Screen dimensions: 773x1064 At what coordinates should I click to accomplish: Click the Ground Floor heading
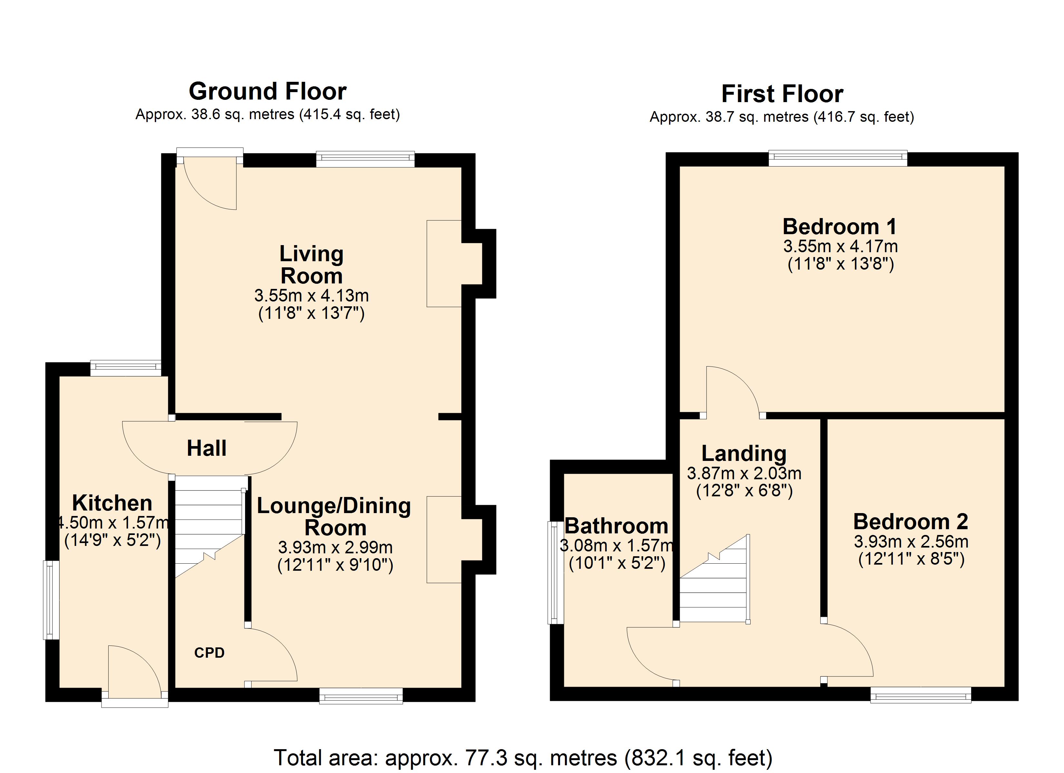(x=267, y=91)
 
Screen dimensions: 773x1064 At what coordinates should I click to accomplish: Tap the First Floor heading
(x=782, y=94)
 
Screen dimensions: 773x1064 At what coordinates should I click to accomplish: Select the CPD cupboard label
(x=209, y=653)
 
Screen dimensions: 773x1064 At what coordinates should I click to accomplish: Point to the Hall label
(x=206, y=448)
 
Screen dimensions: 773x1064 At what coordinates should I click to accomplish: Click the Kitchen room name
(x=112, y=503)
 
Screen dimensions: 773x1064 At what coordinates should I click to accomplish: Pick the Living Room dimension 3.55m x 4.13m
(x=311, y=295)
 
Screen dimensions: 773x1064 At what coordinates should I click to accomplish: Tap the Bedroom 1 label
(x=840, y=226)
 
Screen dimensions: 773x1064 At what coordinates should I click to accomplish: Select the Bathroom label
(x=616, y=526)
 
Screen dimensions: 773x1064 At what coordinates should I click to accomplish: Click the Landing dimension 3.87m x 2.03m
(x=744, y=473)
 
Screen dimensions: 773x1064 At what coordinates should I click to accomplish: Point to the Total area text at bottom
(x=523, y=758)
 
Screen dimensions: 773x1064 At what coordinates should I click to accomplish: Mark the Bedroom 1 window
(x=837, y=158)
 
